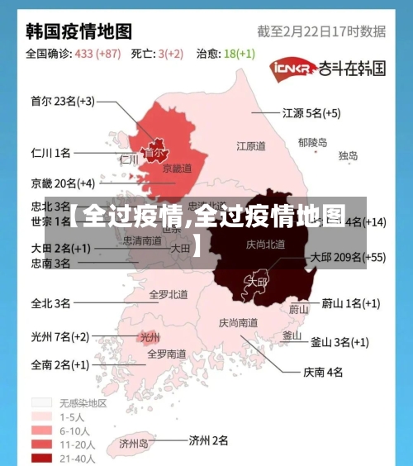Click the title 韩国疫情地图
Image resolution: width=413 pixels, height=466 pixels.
79,31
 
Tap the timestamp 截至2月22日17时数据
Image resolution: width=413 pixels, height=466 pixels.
321,31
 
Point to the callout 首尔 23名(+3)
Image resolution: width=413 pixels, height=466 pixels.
62,102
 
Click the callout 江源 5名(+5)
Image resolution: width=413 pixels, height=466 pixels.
311,112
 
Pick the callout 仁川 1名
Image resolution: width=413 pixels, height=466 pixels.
50,153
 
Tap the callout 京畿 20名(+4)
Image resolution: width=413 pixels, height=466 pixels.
62,183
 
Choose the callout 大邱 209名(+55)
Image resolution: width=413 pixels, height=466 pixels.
348,257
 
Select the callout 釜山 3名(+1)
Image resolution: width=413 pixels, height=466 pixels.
339,341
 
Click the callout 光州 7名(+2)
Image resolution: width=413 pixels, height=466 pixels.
59,336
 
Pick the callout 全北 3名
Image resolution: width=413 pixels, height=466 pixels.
50,303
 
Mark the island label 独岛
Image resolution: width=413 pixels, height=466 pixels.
348,155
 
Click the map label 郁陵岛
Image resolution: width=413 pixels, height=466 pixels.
312,142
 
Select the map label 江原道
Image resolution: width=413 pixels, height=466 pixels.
251,146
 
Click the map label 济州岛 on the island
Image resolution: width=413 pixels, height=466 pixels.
131,444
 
